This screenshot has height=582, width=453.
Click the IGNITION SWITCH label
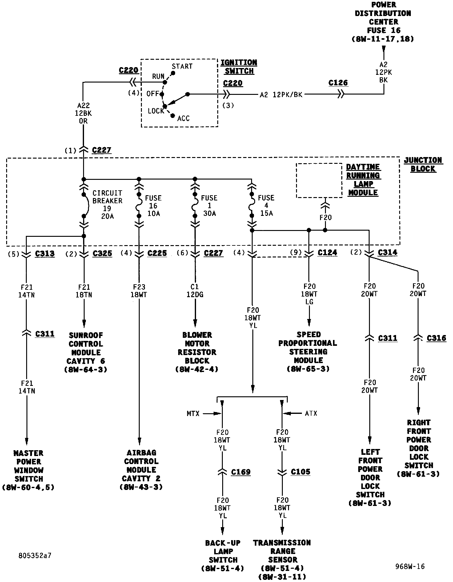(239, 67)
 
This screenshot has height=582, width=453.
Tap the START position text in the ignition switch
(182, 67)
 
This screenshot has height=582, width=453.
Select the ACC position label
(183, 119)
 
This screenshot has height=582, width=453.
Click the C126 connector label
(338, 83)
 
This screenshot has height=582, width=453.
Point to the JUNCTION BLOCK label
(423, 164)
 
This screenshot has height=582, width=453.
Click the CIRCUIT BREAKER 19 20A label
(107, 205)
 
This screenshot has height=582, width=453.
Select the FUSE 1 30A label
(209, 205)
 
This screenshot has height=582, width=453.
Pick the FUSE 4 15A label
(266, 205)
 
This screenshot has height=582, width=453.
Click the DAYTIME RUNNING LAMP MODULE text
(363, 180)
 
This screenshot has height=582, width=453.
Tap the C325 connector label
(102, 253)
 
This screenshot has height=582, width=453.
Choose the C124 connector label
(327, 253)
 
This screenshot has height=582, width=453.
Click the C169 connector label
(241, 472)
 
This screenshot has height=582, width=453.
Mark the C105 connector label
(300, 472)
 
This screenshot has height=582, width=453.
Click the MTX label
(193, 414)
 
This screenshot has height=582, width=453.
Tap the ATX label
(311, 414)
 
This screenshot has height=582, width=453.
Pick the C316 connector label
(436, 338)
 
